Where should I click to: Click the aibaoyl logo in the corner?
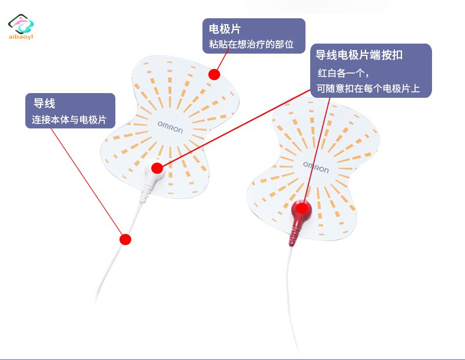21,27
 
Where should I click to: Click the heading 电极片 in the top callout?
224,29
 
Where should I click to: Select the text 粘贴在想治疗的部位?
251,44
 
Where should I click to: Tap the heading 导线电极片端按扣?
359,55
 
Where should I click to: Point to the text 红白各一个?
341,72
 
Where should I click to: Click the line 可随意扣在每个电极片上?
368,88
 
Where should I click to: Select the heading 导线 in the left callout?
44,104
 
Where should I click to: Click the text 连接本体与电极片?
69,120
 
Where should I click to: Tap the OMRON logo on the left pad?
170,127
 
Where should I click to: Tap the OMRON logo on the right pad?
316,167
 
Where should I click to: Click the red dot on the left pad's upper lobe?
214,74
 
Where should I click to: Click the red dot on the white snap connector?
157,169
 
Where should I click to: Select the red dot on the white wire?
125,239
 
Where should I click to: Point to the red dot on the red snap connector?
302,209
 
